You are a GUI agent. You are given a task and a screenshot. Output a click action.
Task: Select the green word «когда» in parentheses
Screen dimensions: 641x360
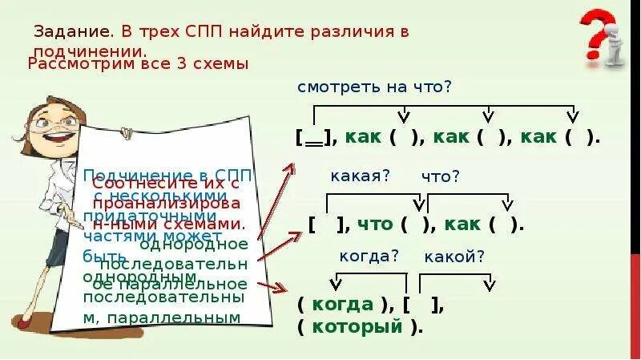tap(344, 305)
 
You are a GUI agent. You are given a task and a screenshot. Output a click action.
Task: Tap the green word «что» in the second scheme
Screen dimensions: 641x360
tap(373, 224)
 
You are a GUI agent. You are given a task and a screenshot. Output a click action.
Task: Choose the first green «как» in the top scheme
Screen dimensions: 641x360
tap(363, 137)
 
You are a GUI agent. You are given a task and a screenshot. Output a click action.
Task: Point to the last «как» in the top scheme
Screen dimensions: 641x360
tap(538, 137)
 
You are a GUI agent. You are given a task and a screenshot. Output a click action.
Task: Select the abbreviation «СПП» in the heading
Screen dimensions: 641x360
tap(204, 33)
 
